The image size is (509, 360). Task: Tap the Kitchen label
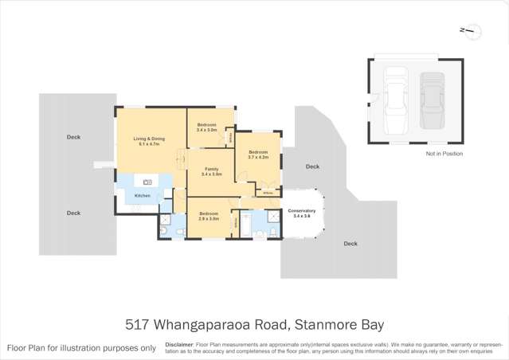click(x=142, y=195)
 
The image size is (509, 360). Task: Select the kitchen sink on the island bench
click(x=147, y=182)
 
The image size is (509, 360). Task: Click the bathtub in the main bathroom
click(x=247, y=231)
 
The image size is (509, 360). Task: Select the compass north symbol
click(x=470, y=31)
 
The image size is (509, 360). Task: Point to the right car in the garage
click(x=432, y=101)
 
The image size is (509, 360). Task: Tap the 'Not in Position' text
click(x=444, y=154)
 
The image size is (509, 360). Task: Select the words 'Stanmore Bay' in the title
click(x=339, y=324)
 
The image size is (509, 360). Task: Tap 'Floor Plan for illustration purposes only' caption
click(x=81, y=347)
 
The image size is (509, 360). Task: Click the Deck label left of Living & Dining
click(x=73, y=137)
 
